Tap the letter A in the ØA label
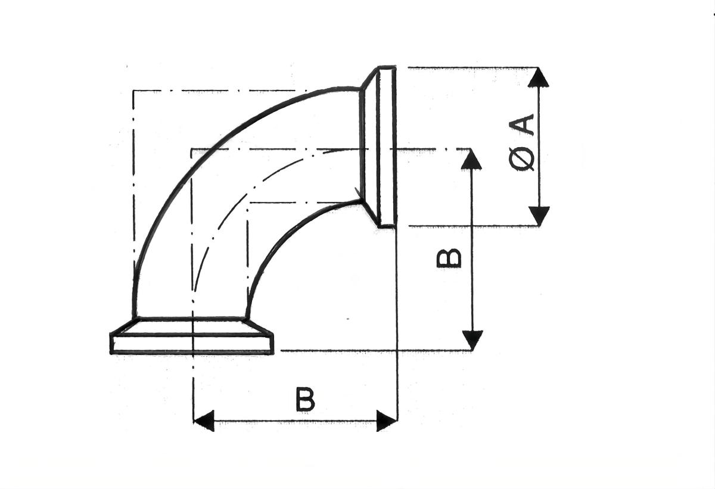(x=523, y=127)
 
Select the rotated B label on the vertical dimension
(x=449, y=258)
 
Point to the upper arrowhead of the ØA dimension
(x=539, y=78)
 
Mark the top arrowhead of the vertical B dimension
(x=471, y=159)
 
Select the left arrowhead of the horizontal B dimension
(x=204, y=421)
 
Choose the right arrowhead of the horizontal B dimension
(x=387, y=421)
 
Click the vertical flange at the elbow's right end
(x=386, y=147)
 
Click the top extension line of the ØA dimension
(x=465, y=68)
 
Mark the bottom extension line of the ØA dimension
(x=465, y=226)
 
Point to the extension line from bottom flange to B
(x=369, y=351)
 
